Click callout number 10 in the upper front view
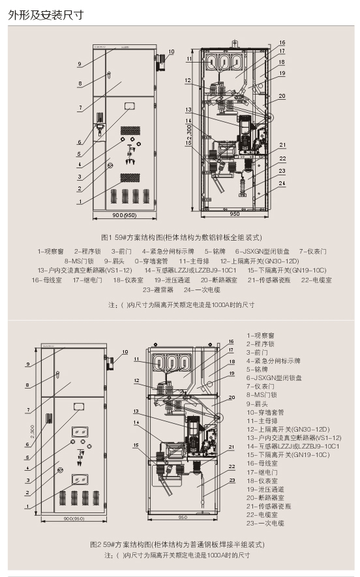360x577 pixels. tap(172, 52)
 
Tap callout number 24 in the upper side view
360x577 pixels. tap(282, 183)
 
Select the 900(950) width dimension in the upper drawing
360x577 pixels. tap(124, 214)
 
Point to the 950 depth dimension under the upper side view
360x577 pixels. tap(234, 214)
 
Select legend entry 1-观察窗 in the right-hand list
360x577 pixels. tap(263, 334)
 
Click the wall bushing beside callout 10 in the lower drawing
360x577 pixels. tap(108, 362)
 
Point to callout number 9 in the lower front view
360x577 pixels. tap(27, 364)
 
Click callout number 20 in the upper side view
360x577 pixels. tap(282, 96)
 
